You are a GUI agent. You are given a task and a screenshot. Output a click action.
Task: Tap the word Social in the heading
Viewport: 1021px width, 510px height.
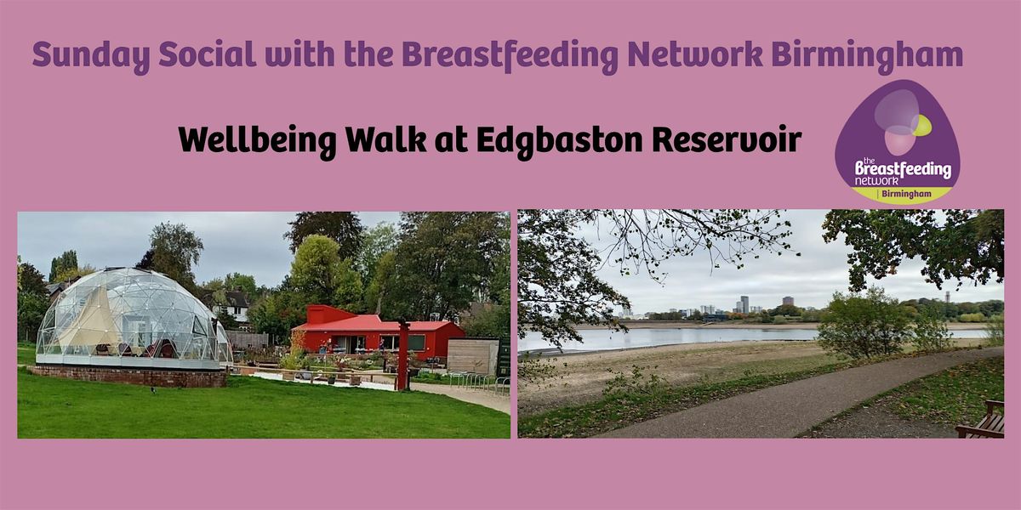click(207, 54)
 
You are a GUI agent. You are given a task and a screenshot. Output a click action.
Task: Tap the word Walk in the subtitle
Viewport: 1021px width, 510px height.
click(386, 139)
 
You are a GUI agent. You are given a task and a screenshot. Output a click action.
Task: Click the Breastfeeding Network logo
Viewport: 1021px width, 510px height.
click(897, 141)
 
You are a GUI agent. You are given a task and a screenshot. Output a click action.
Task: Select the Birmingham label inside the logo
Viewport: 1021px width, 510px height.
click(906, 194)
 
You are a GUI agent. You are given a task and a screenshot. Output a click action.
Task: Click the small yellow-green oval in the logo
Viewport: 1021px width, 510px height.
click(921, 125)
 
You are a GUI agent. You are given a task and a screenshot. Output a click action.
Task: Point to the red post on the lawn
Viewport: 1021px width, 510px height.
click(403, 355)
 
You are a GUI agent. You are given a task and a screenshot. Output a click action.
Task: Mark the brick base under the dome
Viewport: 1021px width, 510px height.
click(130, 376)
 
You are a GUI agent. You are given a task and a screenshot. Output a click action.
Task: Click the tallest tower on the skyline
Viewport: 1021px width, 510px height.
click(744, 304)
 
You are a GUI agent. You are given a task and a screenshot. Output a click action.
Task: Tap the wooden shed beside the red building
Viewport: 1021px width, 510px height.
click(473, 356)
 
